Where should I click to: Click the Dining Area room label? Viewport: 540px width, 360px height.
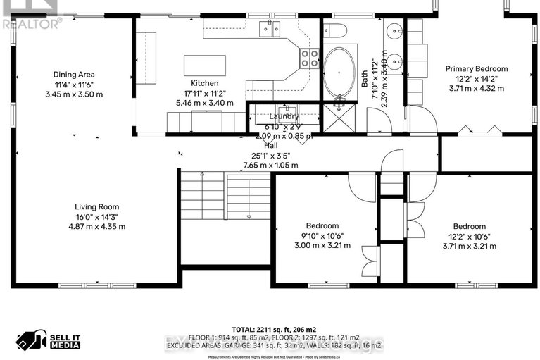(x=74, y=74)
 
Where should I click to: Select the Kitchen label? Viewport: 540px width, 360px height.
(x=204, y=83)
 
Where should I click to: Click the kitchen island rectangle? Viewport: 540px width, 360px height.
(x=204, y=65)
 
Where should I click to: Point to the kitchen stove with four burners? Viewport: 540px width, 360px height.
(x=308, y=58)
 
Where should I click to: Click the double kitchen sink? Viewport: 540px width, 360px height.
(x=268, y=28)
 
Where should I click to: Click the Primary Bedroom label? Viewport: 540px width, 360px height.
(x=476, y=69)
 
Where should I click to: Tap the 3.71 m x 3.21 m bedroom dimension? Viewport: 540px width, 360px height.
(x=470, y=247)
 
